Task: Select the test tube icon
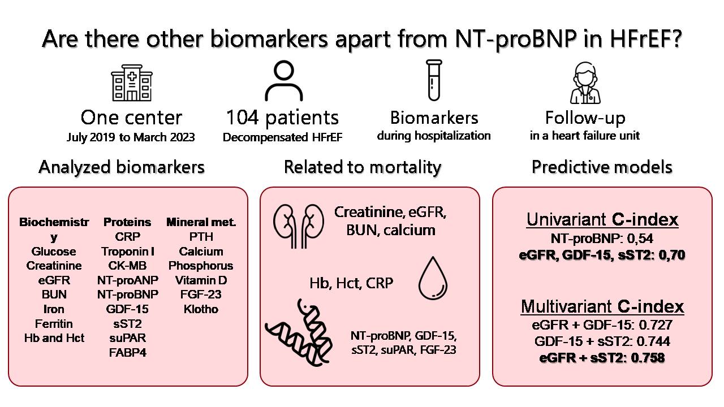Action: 434,81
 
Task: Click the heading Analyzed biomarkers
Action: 122,167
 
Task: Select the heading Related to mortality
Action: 363,167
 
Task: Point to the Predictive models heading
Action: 602,167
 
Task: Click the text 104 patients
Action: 282,118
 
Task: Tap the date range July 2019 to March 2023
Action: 131,137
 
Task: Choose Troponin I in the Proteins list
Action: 128,251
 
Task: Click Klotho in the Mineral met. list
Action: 201,309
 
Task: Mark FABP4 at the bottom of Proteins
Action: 128,353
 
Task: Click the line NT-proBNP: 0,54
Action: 602,239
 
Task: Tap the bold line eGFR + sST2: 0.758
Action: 602,357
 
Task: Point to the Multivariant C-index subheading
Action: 602,307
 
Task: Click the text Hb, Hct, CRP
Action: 351,283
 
